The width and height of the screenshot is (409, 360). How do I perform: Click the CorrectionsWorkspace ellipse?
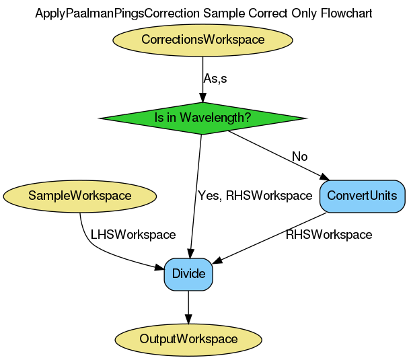pos(202,40)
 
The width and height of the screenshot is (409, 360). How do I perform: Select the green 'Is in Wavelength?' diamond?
pos(202,118)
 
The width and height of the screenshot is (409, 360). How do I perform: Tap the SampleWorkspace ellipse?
pos(79,196)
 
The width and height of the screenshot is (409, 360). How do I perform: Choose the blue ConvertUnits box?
pos(363,196)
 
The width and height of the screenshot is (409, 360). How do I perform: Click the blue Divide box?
pos(188,274)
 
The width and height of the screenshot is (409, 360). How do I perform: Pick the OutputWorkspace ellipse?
pos(188,338)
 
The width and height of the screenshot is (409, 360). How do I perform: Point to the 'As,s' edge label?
pos(215,79)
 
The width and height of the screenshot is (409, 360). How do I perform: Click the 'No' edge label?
pos(299,157)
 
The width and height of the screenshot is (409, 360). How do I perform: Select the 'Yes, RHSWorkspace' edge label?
pos(254,196)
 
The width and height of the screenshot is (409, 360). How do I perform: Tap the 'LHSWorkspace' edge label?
pos(133,235)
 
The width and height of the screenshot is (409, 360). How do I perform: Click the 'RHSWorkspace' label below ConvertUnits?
pos(328,235)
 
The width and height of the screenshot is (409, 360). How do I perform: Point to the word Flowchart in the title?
pos(347,13)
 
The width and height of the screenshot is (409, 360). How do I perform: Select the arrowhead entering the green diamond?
pos(202,98)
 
